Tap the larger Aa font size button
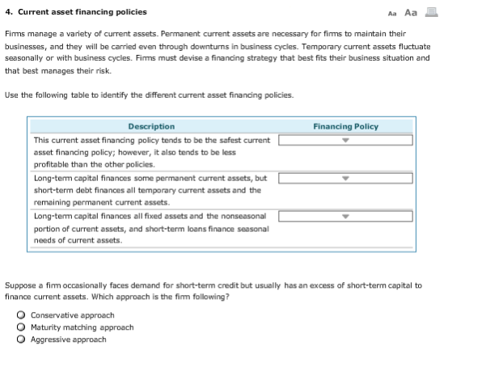point(410,12)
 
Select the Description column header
point(151,126)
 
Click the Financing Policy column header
point(345,126)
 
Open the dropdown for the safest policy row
point(345,141)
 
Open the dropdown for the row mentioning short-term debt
point(345,178)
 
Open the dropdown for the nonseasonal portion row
point(345,217)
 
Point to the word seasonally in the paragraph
point(27,58)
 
